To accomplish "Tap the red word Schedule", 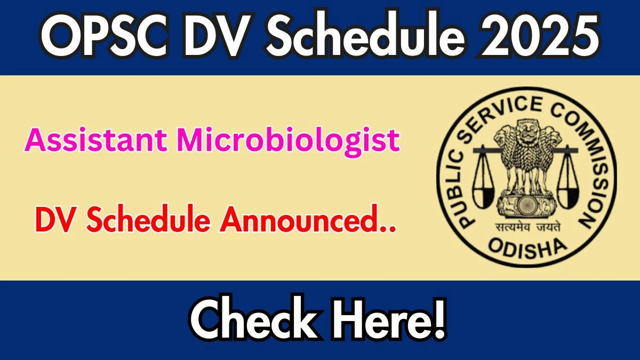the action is pos(149,219).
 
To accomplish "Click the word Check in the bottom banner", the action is pos(254,321).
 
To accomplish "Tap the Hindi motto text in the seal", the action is pos(527,227).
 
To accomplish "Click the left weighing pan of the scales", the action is pos(483,197).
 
